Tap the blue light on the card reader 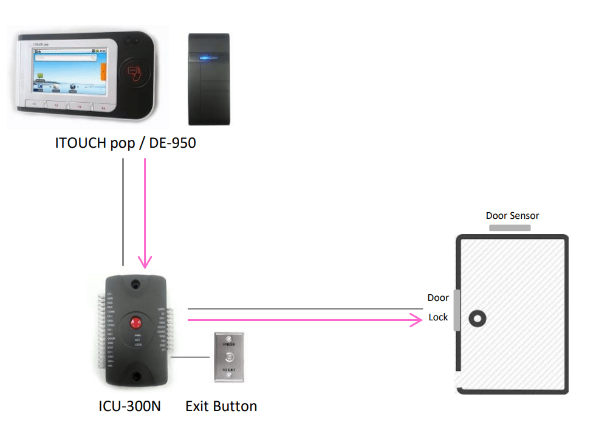[x=209, y=58]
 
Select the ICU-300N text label [x=129, y=406]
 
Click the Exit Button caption [x=221, y=406]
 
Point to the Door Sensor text [x=512, y=215]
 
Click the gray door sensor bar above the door [x=510, y=228]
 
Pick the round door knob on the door [x=478, y=317]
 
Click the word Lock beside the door [x=438, y=317]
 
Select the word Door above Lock [x=438, y=297]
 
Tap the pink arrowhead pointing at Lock [x=417, y=320]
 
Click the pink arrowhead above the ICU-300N [x=145, y=261]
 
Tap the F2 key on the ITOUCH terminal [x=56, y=106]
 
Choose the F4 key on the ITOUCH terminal [x=103, y=108]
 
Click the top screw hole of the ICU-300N [x=135, y=284]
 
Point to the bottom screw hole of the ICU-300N [x=135, y=377]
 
